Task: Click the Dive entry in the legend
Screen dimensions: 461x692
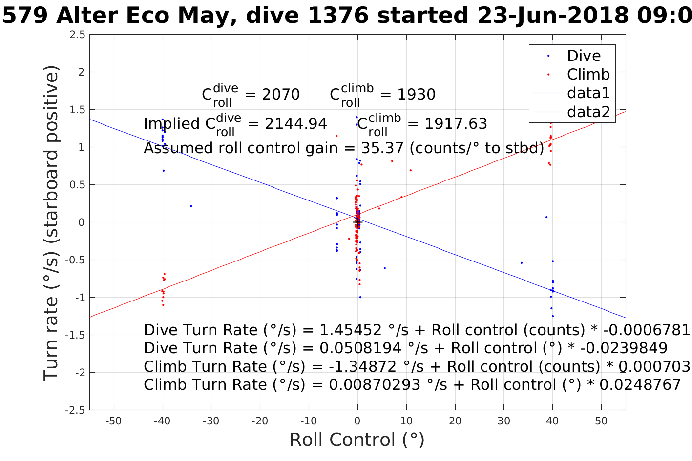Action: [584, 56]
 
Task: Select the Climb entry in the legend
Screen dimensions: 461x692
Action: [588, 74]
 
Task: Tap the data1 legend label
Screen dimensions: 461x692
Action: [588, 93]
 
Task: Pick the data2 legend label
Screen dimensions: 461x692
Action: [588, 112]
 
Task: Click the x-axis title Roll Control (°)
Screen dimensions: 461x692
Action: [357, 440]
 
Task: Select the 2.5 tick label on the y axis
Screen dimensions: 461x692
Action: [77, 35]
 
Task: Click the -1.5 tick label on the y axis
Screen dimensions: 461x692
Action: [75, 335]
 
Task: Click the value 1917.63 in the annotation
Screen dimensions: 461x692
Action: [456, 124]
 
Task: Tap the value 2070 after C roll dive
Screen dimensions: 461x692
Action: [280, 94]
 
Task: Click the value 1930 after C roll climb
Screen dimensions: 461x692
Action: [416, 94]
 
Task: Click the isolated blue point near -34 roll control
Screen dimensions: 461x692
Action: [191, 206]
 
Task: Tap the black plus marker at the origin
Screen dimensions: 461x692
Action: [357, 222]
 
